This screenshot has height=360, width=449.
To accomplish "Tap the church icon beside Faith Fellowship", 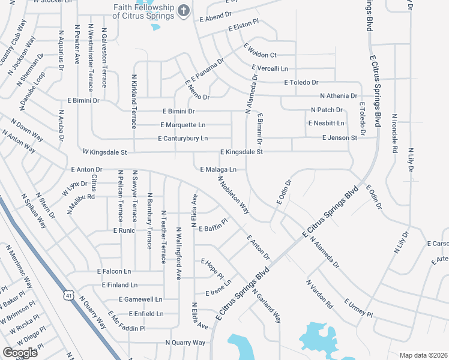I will [184, 10].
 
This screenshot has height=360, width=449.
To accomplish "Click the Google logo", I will [20, 352].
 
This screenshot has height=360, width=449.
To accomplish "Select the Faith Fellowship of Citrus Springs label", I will [143, 11].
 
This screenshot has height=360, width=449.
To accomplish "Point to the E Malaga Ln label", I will [218, 170].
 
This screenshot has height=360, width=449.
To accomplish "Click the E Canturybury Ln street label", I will [182, 139].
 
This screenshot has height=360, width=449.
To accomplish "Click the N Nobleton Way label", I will [234, 196].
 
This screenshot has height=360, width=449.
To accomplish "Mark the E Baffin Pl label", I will [214, 227].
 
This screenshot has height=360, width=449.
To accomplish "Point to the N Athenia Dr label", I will [339, 96].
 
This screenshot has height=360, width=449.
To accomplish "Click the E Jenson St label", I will [339, 138].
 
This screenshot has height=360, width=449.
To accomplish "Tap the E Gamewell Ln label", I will [140, 299].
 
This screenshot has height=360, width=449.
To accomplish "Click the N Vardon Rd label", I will [319, 294].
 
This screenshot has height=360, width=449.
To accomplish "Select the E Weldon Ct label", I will [259, 55].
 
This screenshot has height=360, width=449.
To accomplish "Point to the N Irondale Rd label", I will [395, 134].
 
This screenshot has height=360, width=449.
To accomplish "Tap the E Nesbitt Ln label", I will [326, 123].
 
